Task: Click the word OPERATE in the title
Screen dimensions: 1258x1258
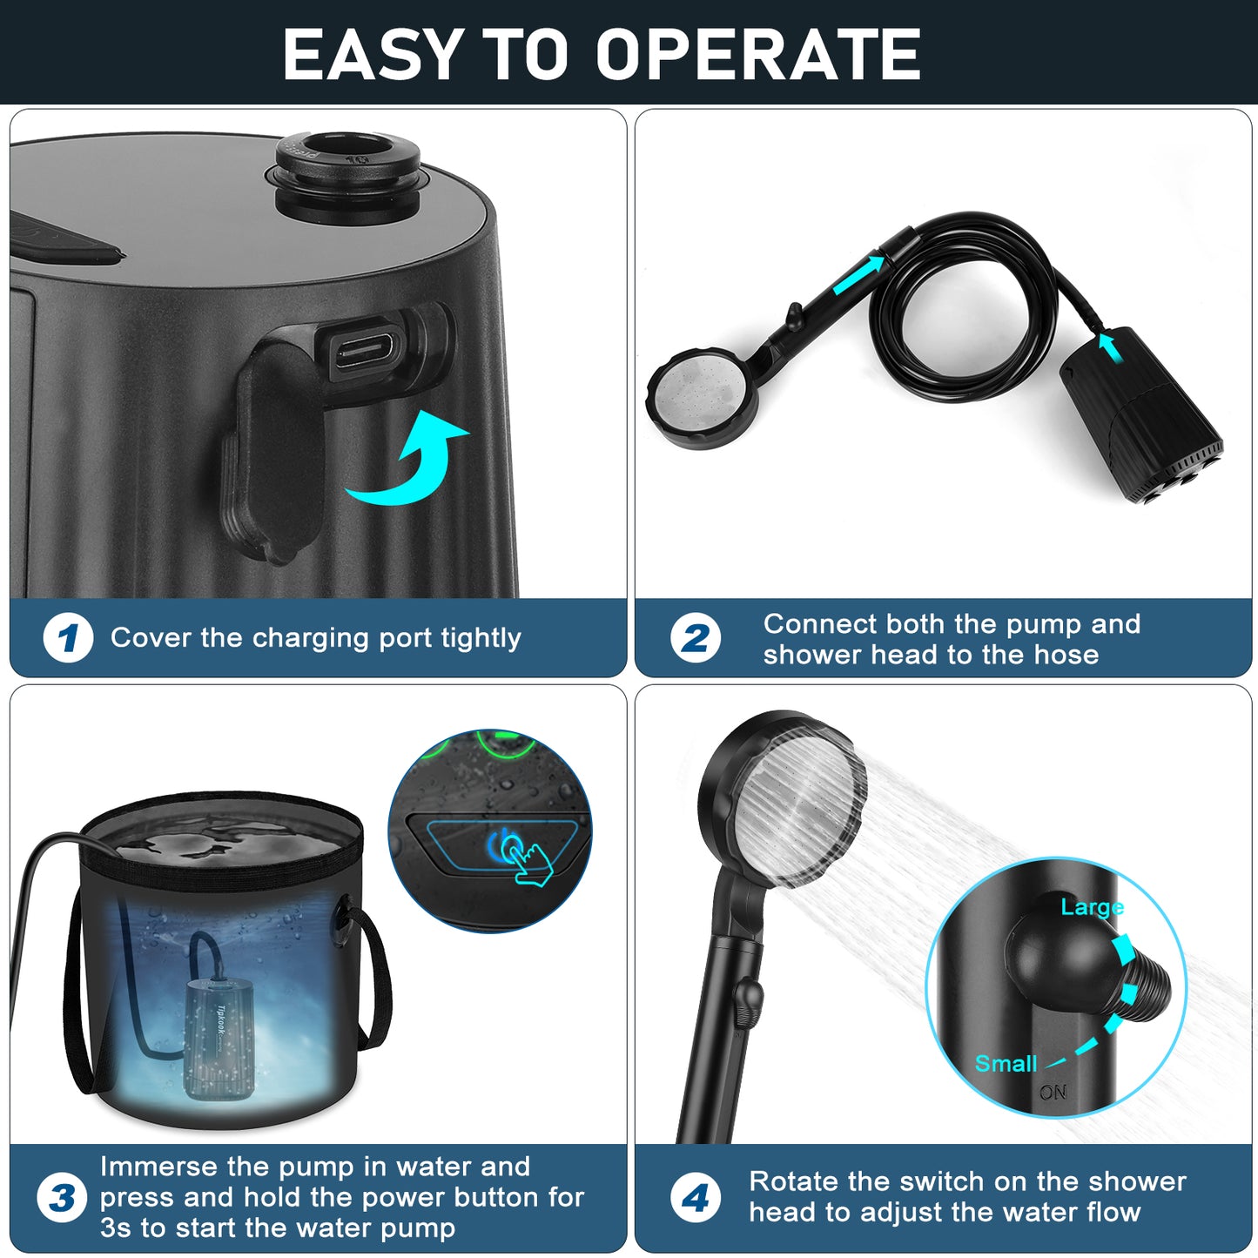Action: point(758,55)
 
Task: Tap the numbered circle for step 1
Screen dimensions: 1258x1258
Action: point(68,638)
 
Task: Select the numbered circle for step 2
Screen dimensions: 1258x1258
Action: point(695,638)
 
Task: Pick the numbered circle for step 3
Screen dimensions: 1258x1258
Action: point(62,1197)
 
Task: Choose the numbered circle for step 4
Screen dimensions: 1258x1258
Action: point(695,1197)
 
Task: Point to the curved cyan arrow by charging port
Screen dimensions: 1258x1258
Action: point(409,461)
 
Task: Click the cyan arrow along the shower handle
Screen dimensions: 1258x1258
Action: point(858,275)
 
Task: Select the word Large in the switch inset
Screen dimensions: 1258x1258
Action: point(1092,907)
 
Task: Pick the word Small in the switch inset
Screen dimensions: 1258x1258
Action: point(1006,1063)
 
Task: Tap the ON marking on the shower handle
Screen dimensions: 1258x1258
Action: point(1053,1092)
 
